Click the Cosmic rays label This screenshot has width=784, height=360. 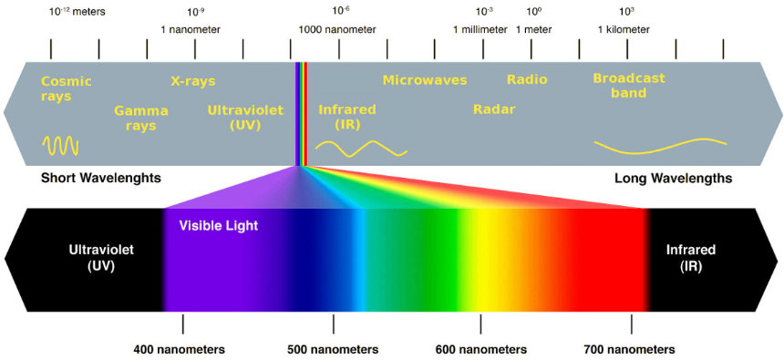click(66, 88)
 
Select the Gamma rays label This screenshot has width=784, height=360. click(140, 118)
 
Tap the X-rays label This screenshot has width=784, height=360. click(193, 81)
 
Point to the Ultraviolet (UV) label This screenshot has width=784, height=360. click(245, 118)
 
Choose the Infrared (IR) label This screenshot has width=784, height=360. click(346, 117)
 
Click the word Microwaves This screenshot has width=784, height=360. click(424, 80)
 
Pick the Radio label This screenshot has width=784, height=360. click(527, 79)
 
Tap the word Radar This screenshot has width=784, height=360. click(494, 109)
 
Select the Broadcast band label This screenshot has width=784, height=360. click(628, 86)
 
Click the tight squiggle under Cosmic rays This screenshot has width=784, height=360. click(61, 145)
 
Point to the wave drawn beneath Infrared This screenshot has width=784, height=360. click(361, 148)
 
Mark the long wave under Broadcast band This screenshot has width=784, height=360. click(660, 145)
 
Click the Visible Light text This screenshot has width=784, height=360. click(218, 225)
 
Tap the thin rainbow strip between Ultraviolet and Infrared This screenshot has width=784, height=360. click(303, 109)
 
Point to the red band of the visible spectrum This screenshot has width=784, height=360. click(611, 264)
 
